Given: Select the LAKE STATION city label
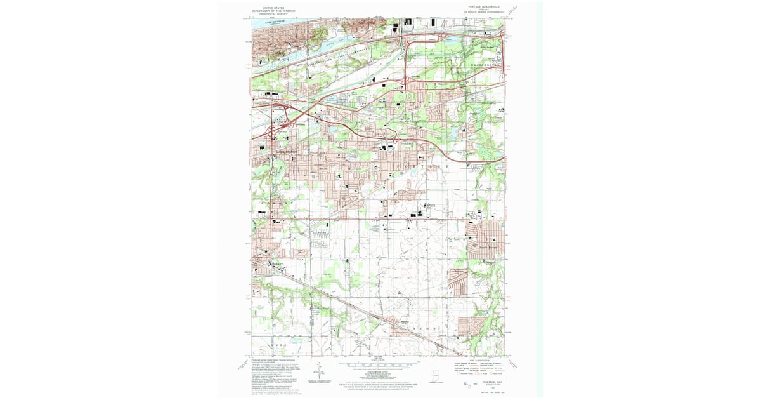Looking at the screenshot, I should pos(286,152).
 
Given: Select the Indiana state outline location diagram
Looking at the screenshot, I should pos(434,375).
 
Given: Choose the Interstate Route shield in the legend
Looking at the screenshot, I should pos(459,373).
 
